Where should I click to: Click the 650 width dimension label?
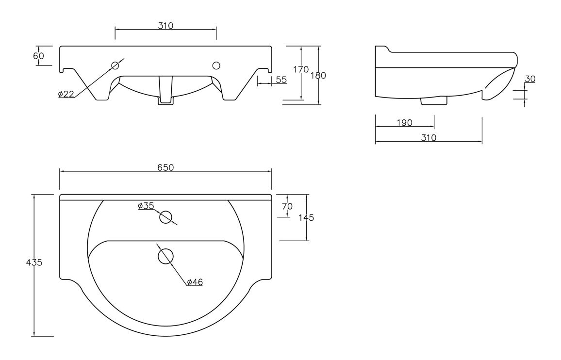(165, 167)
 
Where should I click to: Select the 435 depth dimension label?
(34, 262)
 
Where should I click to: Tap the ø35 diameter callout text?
(146, 206)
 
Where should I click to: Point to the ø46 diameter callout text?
(194, 282)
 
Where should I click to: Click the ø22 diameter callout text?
(66, 94)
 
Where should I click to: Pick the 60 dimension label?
(38, 56)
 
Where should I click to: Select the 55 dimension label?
(281, 80)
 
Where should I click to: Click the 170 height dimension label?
(301, 69)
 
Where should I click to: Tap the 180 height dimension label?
(318, 75)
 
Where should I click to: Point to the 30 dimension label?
(530, 79)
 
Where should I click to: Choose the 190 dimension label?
(404, 123)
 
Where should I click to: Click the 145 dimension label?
(306, 217)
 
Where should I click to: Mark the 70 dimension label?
(287, 206)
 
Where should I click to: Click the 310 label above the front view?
(165, 26)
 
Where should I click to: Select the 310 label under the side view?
(429, 138)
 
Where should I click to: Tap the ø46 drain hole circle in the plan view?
(166, 256)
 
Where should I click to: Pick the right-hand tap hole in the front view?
(216, 65)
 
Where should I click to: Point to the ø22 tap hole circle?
(115, 65)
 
